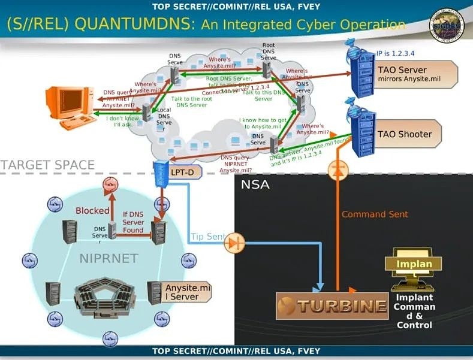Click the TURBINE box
[332, 305]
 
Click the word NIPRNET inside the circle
[109, 259]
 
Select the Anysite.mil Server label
[188, 292]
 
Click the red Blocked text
[92, 210]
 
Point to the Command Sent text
[375, 214]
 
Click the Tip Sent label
[207, 237]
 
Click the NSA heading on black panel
[255, 184]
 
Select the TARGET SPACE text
[47, 165]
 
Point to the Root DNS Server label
[269, 52]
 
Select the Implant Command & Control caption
[414, 311]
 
